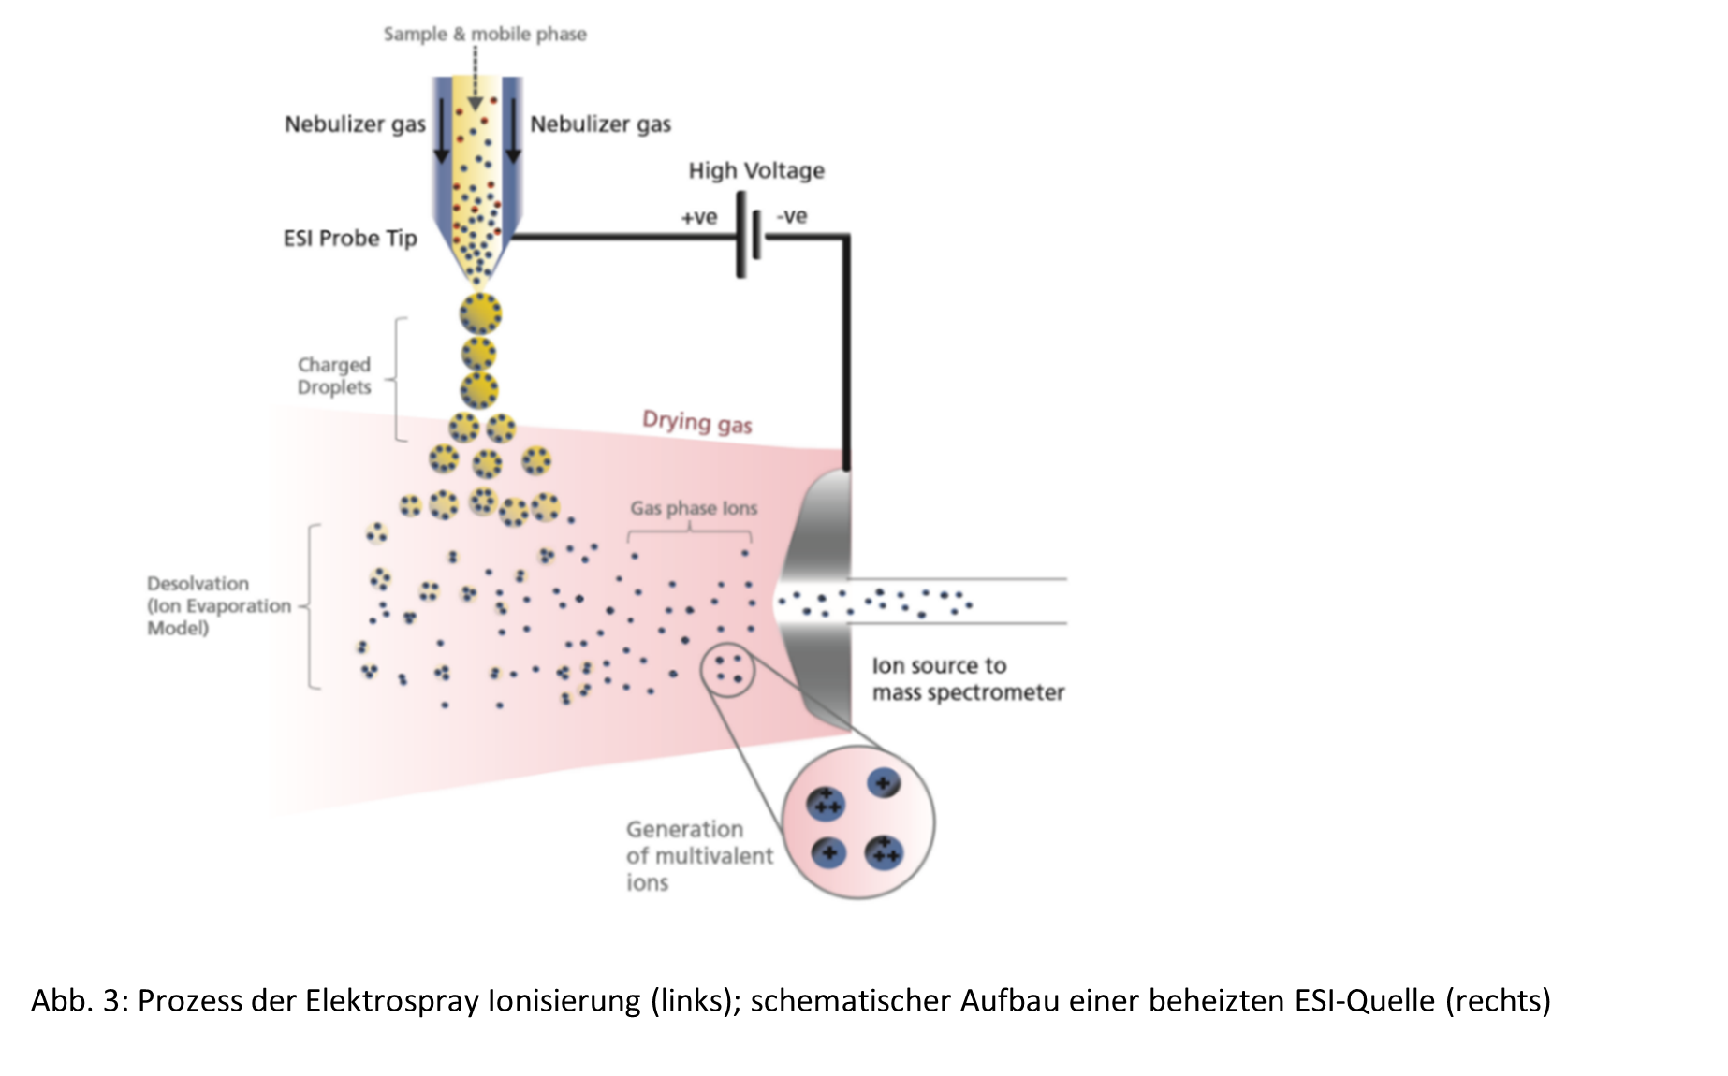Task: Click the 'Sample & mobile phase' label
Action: click(x=485, y=35)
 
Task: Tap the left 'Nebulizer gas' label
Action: click(x=355, y=124)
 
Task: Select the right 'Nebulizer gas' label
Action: click(x=600, y=124)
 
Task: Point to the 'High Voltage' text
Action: click(x=756, y=170)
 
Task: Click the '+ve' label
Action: click(x=698, y=217)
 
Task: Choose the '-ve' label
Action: click(x=792, y=216)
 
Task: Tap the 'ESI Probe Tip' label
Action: click(x=350, y=239)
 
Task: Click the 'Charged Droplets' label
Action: click(x=334, y=376)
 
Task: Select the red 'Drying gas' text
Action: click(x=697, y=423)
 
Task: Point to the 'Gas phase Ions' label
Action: click(x=694, y=508)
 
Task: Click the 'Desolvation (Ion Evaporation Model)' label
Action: click(x=219, y=605)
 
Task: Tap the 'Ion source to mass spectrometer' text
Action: click(x=968, y=679)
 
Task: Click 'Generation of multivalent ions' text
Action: click(x=699, y=856)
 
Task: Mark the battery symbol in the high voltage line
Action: click(x=748, y=236)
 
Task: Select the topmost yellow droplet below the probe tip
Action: click(x=480, y=313)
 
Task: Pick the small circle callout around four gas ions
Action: click(x=728, y=670)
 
